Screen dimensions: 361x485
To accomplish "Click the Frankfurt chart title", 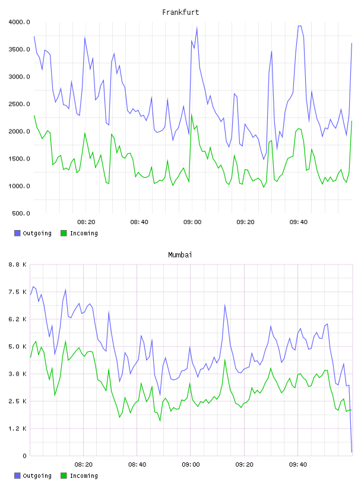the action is pyautogui.click(x=180, y=12).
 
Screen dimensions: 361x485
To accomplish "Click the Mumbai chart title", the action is pyautogui.click(x=180, y=255).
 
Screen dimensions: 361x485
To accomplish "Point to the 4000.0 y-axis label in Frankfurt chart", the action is pyautogui.click(x=19, y=22).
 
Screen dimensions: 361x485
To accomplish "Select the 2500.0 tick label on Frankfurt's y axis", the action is pyautogui.click(x=19, y=104).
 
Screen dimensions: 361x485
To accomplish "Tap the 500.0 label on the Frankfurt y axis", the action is pyautogui.click(x=21, y=213).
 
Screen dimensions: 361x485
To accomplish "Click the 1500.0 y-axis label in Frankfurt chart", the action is pyautogui.click(x=19, y=159).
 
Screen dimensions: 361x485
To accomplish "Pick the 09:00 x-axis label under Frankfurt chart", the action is pyautogui.click(x=192, y=222).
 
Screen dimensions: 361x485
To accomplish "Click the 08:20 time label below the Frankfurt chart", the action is pyautogui.click(x=86, y=222).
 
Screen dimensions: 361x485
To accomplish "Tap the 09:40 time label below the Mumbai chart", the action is pyautogui.click(x=298, y=465).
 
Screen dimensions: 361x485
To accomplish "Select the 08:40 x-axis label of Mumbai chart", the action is pyautogui.click(x=137, y=465).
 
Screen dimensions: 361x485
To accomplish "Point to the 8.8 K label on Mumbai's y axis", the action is pyautogui.click(x=18, y=264).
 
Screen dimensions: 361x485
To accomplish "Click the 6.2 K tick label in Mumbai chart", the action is pyautogui.click(x=18, y=319).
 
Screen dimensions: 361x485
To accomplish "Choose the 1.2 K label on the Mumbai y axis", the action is pyautogui.click(x=18, y=429).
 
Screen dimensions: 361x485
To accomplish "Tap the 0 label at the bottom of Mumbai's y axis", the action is pyautogui.click(x=24, y=456).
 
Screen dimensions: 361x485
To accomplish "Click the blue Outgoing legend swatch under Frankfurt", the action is pyautogui.click(x=17, y=233).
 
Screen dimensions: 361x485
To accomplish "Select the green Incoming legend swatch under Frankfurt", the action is pyautogui.click(x=64, y=233).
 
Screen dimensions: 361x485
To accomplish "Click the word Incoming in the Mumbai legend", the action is pyautogui.click(x=84, y=475).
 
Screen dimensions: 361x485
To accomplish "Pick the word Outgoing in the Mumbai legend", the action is pyautogui.click(x=37, y=475).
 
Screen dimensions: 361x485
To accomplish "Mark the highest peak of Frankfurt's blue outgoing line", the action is pyautogui.click(x=299, y=26).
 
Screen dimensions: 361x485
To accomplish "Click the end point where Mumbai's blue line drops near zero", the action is pyautogui.click(x=351, y=452).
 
